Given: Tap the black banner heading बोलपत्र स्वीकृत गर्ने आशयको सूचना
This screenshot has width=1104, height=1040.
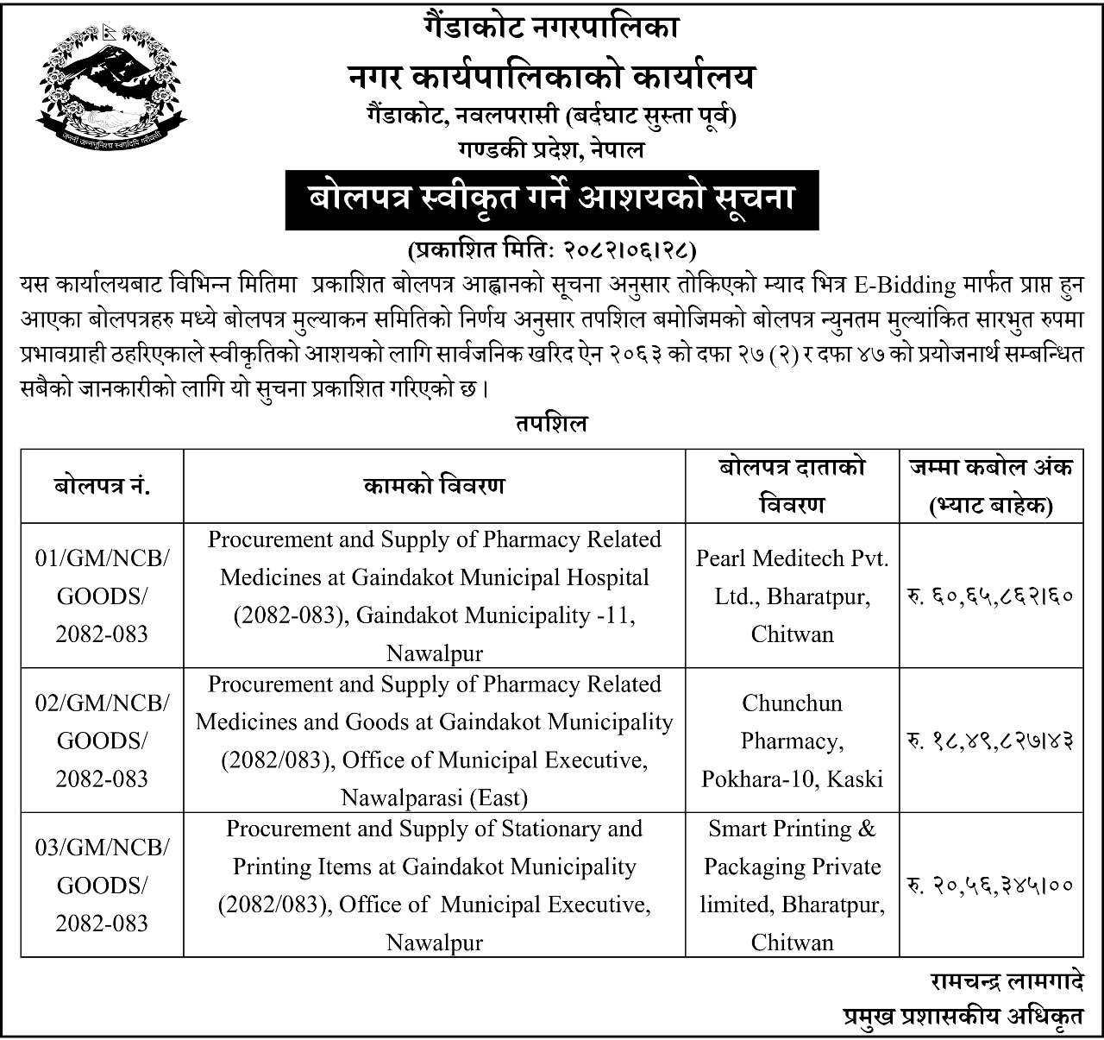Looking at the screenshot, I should [x=552, y=199].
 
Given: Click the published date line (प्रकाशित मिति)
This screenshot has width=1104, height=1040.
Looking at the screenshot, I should [x=551, y=250].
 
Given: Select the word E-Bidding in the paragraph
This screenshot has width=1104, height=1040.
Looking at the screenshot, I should [x=906, y=285].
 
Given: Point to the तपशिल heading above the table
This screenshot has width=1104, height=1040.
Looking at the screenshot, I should [x=552, y=424].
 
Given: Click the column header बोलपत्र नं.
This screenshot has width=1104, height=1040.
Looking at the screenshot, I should [x=102, y=486].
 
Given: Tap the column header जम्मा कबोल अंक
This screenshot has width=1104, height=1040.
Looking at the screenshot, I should [x=991, y=486].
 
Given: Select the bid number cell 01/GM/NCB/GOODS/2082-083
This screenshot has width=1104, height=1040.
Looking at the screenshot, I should [x=102, y=596].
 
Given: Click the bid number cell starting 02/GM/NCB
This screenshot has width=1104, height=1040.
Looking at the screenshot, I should [x=102, y=741].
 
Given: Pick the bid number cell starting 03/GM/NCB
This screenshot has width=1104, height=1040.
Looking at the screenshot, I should [x=102, y=885].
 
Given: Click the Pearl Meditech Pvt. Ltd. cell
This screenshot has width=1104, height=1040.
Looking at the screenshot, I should [x=792, y=596].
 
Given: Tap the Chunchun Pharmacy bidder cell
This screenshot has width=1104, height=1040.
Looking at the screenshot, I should [x=792, y=741].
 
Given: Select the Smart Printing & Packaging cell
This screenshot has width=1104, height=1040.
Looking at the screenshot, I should [x=792, y=885].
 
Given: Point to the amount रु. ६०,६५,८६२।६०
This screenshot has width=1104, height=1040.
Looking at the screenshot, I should [x=990, y=596].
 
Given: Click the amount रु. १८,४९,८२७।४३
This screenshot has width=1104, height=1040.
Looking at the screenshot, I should [x=990, y=741].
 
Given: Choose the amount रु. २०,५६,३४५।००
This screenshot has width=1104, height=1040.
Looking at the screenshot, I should [x=990, y=885].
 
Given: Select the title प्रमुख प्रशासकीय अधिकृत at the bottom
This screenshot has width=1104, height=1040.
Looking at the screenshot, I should [x=963, y=1018].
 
